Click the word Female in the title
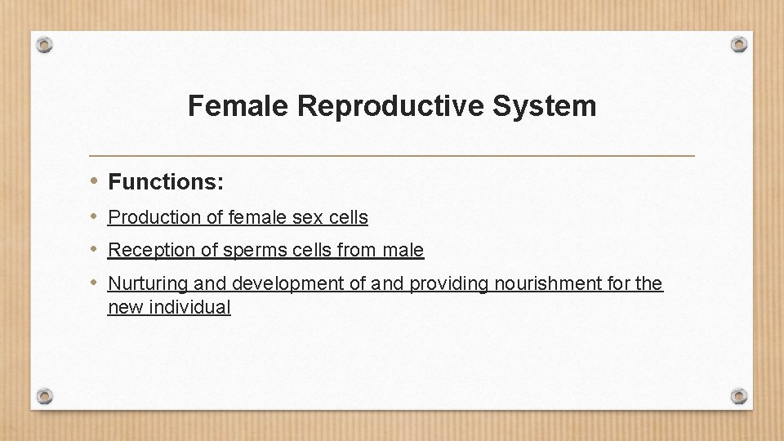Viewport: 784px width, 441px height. point(238,106)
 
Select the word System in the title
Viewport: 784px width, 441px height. point(555,106)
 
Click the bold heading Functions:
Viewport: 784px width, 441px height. point(166,181)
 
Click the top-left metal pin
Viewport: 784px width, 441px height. point(46,44)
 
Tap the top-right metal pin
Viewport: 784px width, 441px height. point(738,44)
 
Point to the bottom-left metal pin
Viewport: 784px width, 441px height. point(46,396)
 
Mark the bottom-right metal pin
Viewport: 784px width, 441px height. point(738,396)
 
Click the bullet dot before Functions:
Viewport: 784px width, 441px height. point(95,180)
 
